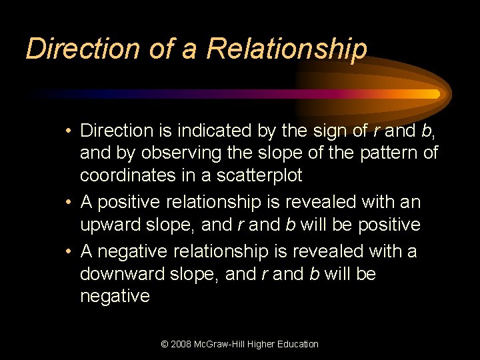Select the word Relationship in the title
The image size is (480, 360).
(x=287, y=49)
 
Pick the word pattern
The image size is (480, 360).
(x=373, y=153)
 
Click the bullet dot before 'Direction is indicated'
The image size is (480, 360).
(x=69, y=130)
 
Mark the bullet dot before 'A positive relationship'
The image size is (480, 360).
(x=69, y=201)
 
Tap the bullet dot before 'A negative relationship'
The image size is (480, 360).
(x=69, y=251)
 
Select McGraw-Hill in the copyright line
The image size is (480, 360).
(x=224, y=344)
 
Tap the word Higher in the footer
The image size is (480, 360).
(x=262, y=344)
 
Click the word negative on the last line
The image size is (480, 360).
(x=115, y=296)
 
